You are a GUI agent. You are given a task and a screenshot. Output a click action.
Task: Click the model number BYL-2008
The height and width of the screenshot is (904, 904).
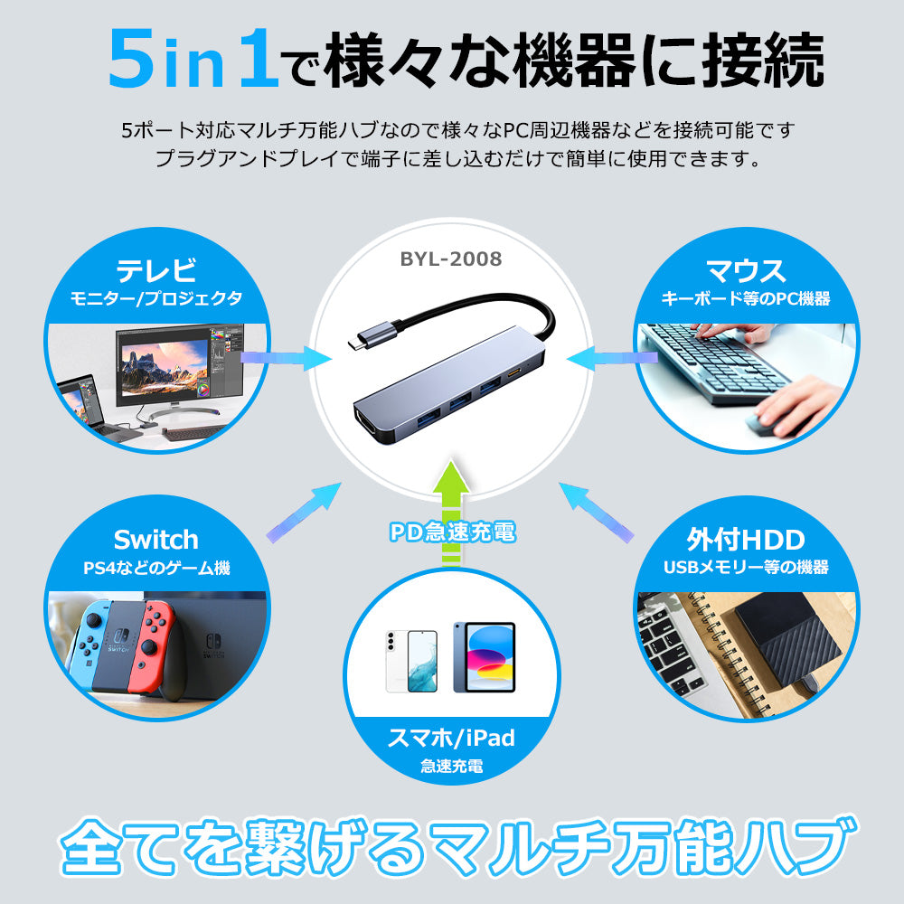click(x=451, y=259)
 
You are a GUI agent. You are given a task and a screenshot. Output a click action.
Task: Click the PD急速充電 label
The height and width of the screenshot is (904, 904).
click(x=453, y=532)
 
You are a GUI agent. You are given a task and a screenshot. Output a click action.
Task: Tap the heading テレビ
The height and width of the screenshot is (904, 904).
click(x=156, y=270)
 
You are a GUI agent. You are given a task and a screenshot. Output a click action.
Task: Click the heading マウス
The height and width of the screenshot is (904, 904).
click(x=746, y=270)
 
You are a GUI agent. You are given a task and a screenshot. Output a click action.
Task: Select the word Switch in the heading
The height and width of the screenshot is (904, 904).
click(x=156, y=540)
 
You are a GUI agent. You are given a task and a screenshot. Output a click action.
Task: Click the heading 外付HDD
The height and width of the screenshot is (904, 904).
click(x=746, y=540)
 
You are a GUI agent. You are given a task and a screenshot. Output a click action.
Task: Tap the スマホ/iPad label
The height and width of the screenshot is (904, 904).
click(x=451, y=738)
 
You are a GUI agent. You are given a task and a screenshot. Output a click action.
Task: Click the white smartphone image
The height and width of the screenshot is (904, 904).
click(x=411, y=661)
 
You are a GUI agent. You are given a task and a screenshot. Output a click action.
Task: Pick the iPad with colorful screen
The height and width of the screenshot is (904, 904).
click(x=485, y=656)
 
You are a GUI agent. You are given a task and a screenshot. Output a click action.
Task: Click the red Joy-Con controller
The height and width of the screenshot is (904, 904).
click(x=151, y=645)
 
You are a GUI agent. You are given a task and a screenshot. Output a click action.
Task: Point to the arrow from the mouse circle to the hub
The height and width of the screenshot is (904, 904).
click(x=612, y=358)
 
